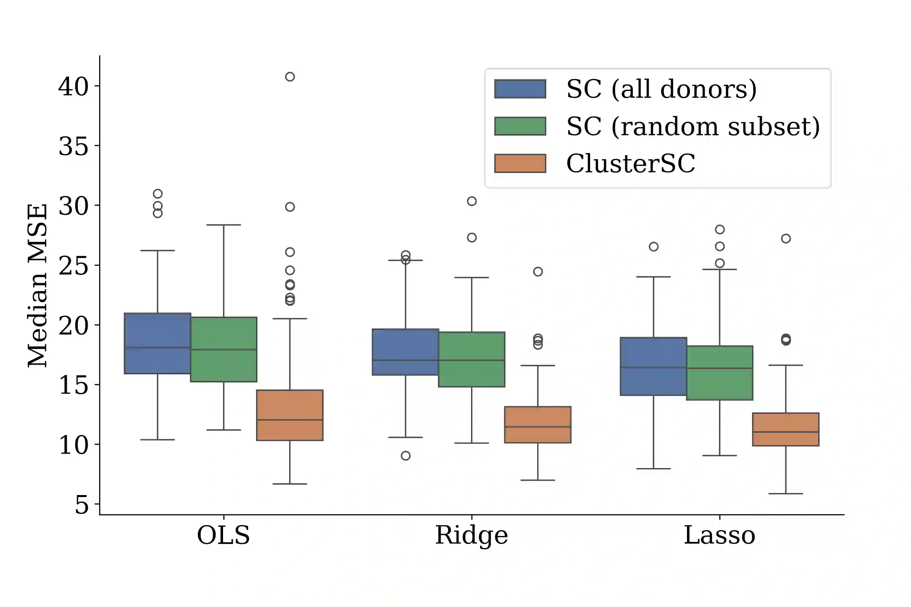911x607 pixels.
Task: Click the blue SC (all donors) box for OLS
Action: pos(157,343)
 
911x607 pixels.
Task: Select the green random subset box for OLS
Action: pos(223,349)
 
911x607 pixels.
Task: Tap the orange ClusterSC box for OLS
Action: pos(290,415)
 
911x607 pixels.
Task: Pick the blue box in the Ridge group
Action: pos(405,352)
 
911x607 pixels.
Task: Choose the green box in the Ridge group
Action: pos(471,359)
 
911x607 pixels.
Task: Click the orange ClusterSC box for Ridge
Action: pos(537,424)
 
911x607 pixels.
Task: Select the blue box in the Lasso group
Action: pos(654,366)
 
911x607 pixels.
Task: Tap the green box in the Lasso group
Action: pos(720,373)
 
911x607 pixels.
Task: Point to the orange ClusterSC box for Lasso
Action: pos(785,429)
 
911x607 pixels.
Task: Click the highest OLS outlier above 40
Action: pos(290,77)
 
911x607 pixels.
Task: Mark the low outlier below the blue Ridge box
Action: pos(406,456)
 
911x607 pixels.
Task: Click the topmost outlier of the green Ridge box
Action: pos(471,201)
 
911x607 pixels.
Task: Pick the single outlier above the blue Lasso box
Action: pos(654,247)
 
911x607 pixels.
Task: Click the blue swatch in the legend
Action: pos(520,89)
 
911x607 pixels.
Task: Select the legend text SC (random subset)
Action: pos(693,126)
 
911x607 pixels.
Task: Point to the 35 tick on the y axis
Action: pos(74,146)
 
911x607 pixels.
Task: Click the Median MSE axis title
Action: pos(37,285)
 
